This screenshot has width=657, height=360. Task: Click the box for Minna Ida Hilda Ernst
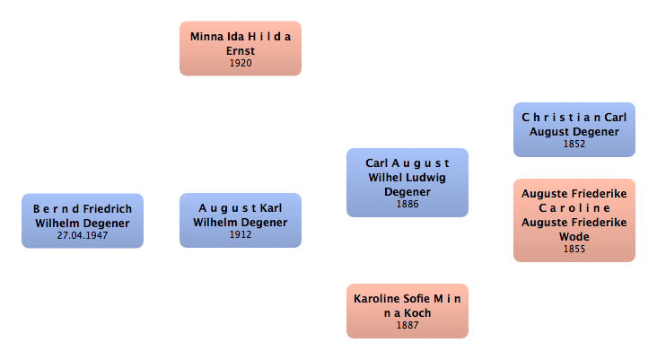pyautogui.click(x=240, y=48)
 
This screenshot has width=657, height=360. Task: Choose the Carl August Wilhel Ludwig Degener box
pyautogui.click(x=407, y=182)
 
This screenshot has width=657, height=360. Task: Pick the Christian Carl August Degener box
pyautogui.click(x=574, y=129)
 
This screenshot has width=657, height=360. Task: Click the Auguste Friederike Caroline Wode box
pyautogui.click(x=574, y=220)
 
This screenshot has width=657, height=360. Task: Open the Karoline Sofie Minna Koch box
pyautogui.click(x=407, y=311)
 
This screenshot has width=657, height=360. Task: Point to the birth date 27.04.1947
pyautogui.click(x=83, y=235)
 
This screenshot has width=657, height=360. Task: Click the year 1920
pyautogui.click(x=240, y=64)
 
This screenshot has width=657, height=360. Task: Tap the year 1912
pyautogui.click(x=240, y=235)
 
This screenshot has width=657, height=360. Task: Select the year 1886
pyautogui.click(x=407, y=204)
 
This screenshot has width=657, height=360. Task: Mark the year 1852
pyautogui.click(x=574, y=144)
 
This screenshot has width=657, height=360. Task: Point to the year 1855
pyautogui.click(x=574, y=249)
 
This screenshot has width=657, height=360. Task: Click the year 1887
pyautogui.click(x=407, y=325)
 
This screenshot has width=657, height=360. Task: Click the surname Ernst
pyautogui.click(x=240, y=51)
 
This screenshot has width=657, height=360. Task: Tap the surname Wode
pyautogui.click(x=574, y=236)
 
